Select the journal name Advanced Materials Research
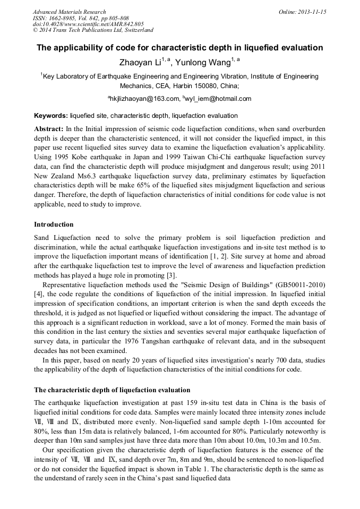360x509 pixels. coord(69,12)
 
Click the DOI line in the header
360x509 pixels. coord(88,24)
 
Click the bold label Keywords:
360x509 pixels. coord(51,115)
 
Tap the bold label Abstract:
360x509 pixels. coord(49,129)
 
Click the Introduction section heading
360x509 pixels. coord(54,225)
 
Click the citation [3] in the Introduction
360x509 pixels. coord(171,275)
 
